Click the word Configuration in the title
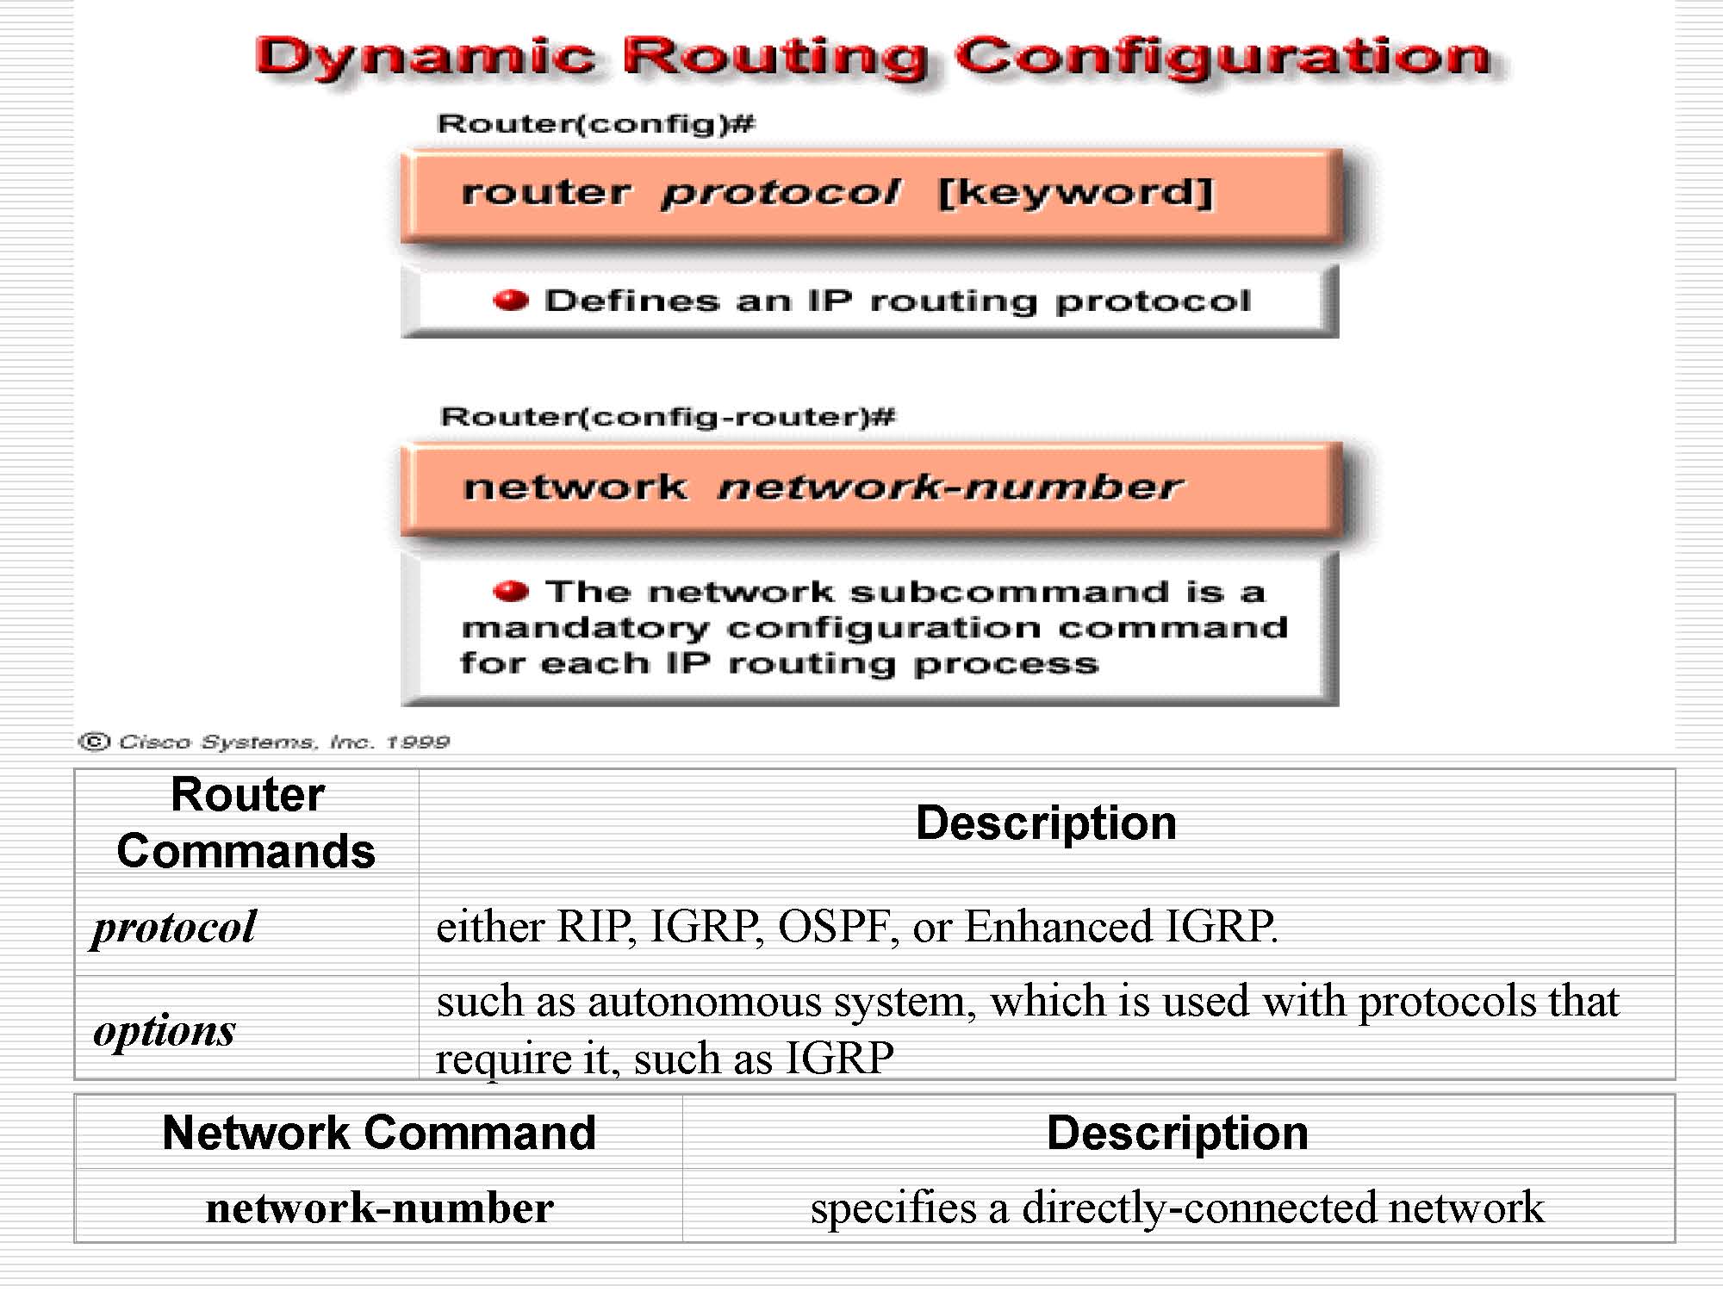1223,59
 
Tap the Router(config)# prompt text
595,124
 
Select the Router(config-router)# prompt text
667,418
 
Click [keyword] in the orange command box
1075,192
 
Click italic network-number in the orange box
950,488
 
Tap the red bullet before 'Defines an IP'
510,300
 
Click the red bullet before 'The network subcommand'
510,591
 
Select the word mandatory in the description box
585,629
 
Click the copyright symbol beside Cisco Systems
94,742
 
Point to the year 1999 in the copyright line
418,742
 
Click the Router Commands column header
246,823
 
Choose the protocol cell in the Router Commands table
174,928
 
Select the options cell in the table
164,1030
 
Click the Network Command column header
379,1133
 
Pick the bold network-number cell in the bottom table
380,1208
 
